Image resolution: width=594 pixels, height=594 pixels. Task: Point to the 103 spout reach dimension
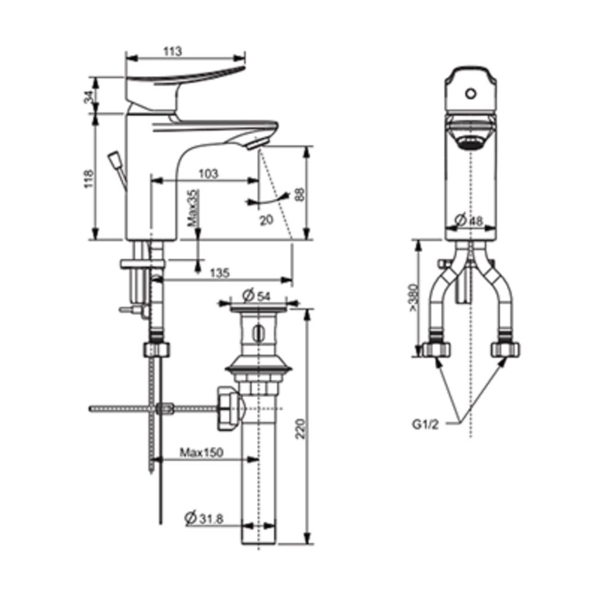(x=207, y=173)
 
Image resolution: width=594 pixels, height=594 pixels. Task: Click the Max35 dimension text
(x=192, y=208)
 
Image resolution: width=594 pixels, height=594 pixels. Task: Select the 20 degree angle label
(x=266, y=219)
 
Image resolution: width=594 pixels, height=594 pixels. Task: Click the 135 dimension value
(x=219, y=273)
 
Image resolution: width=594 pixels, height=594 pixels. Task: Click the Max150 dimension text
(x=201, y=453)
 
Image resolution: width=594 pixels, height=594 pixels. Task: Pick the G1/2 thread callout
(x=426, y=425)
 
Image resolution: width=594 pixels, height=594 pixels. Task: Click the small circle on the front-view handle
(x=471, y=94)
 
